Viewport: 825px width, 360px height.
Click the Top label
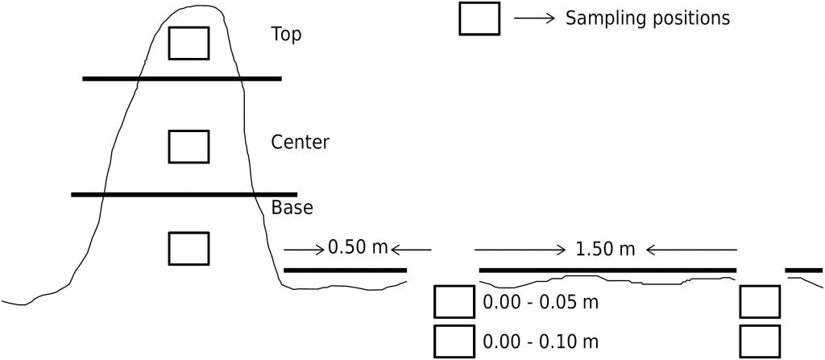[x=287, y=35]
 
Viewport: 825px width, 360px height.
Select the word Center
[x=301, y=143]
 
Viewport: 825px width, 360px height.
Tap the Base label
[x=292, y=207]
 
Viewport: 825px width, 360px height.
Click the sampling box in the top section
[x=189, y=43]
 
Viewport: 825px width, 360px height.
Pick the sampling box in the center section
[x=189, y=146]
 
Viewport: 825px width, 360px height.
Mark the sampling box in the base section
[x=189, y=248]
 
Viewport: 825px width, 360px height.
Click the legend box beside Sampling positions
[x=479, y=19]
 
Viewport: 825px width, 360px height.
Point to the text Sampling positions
[x=648, y=19]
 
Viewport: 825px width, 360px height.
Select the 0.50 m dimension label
[x=359, y=246]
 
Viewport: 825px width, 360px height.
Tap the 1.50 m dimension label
[x=606, y=249]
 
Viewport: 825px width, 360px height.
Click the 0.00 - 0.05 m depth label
[x=542, y=303]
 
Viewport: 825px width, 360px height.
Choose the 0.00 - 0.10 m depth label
[x=542, y=341]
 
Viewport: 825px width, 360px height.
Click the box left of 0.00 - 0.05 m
[x=454, y=302]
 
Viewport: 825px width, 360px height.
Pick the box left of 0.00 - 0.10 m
[x=454, y=341]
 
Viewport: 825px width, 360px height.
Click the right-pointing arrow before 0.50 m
[x=304, y=249]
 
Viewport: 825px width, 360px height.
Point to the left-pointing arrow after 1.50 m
[x=690, y=250]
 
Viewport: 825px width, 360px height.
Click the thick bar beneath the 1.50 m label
[x=607, y=270]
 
